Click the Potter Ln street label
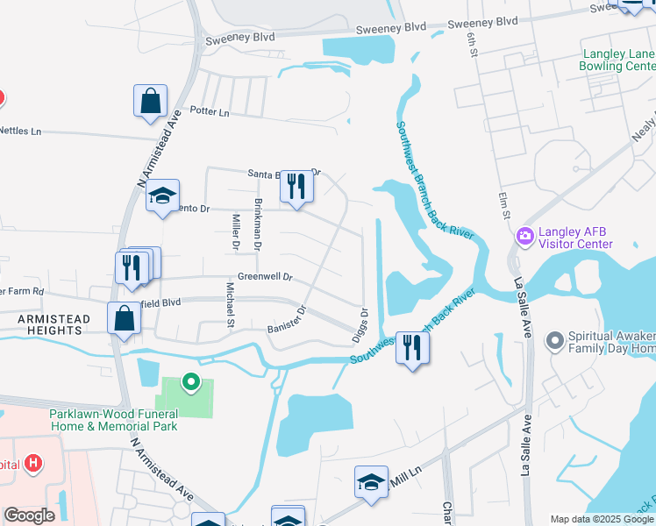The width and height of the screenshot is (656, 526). (210, 112)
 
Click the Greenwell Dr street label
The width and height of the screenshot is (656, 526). (264, 276)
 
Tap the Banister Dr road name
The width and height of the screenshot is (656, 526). (286, 318)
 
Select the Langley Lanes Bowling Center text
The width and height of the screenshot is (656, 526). (618, 60)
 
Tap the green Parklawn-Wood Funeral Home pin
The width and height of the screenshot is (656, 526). (189, 382)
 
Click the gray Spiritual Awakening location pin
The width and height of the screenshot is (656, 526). (554, 339)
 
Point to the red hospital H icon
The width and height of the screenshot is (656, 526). (32, 462)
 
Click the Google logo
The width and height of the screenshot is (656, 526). (29, 515)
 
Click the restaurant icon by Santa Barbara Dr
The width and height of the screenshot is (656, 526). (296, 187)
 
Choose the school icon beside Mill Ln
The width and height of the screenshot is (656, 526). (371, 482)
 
